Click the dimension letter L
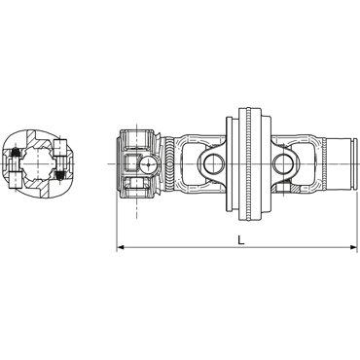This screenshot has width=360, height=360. pos(240,240)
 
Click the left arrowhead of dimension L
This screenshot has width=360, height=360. pos(121,248)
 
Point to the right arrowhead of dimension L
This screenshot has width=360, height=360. pos(353,248)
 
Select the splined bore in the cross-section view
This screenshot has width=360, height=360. pos(35,163)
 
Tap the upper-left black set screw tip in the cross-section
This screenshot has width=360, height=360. pos(15,152)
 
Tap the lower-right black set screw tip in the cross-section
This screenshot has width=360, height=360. pos(59,175)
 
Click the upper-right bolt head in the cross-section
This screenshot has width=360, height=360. pos(59,147)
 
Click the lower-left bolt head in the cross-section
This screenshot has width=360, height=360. pos(15,180)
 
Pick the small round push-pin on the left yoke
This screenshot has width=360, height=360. pos(149,164)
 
